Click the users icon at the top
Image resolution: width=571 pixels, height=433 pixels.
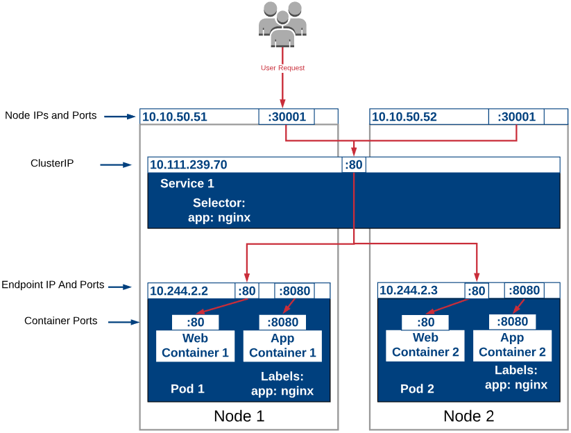282,24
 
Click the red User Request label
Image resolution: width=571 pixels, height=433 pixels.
282,68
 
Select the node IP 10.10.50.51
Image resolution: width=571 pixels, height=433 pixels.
175,117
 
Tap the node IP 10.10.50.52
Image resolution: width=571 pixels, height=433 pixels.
404,117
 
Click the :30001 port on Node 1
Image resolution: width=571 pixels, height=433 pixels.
287,117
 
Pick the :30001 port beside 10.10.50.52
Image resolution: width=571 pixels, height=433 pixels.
516,117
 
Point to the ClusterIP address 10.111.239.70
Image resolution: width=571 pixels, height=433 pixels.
189,165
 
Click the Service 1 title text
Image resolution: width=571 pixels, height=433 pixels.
187,184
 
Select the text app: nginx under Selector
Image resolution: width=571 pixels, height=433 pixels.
219,217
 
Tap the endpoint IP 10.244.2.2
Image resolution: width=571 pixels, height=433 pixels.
179,291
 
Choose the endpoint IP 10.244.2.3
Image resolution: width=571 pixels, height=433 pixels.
409,290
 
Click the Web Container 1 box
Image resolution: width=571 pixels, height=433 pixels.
195,346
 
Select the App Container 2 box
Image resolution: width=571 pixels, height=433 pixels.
512,345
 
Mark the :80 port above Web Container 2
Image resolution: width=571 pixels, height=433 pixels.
425,322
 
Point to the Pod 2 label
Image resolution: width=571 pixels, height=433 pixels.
417,389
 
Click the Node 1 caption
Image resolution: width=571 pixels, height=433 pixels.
239,416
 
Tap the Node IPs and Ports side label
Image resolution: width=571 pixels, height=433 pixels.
51,115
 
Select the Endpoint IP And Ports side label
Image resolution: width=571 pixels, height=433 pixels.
53,285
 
